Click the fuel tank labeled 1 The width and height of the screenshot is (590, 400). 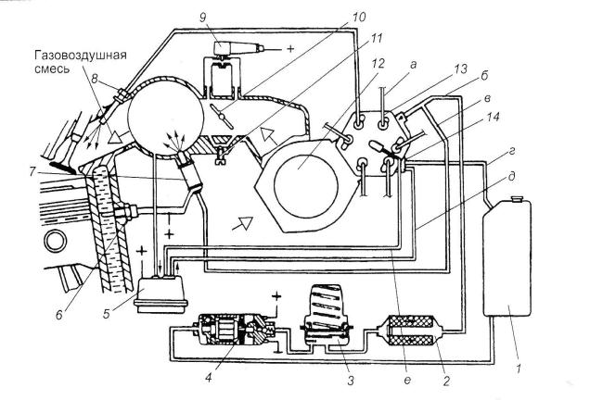coord(507,257)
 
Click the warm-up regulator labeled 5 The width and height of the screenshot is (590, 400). coord(161,294)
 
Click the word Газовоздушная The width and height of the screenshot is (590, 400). coord(81,55)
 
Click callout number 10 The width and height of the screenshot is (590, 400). coord(359,18)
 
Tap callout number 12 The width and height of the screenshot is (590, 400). coord(378,63)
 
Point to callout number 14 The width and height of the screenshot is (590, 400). coord(493,118)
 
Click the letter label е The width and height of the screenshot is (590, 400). coord(406,381)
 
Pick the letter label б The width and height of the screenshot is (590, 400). coord(484,76)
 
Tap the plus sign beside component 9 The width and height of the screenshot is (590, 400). coord(290,48)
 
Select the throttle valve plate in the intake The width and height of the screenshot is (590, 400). coord(222,116)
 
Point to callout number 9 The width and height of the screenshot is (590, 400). coord(203,18)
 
